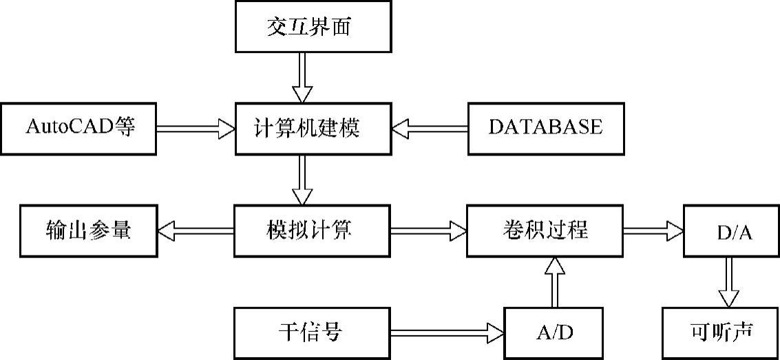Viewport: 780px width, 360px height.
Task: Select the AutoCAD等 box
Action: [x=78, y=128]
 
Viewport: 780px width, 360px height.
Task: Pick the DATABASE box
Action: [x=546, y=128]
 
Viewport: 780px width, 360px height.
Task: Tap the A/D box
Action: [x=554, y=333]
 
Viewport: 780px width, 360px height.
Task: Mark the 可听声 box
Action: [x=721, y=333]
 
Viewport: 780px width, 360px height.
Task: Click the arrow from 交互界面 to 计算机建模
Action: [x=302, y=78]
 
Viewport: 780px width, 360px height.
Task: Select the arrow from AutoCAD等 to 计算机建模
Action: [x=196, y=128]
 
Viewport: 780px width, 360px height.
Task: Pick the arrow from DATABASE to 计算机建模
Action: [x=430, y=128]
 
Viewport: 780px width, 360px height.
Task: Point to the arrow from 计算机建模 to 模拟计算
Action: [x=302, y=180]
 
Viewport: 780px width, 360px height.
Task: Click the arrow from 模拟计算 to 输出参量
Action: [x=196, y=231]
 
